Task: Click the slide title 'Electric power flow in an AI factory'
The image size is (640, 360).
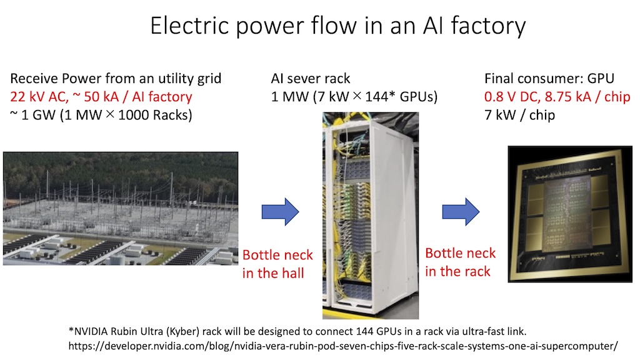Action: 338,26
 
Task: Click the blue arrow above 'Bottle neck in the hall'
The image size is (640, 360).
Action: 281,212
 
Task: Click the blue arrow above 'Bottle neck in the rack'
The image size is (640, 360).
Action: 461,212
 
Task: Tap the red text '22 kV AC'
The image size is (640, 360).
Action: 39,97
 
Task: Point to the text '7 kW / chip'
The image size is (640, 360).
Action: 519,115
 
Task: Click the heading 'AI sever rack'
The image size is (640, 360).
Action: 311,78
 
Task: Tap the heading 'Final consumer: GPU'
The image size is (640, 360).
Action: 549,78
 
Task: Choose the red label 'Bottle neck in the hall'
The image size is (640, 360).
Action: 277,264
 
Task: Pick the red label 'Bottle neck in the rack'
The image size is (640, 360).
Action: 461,262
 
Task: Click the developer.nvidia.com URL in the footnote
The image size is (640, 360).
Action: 343,346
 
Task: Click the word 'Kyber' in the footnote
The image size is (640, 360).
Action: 183,331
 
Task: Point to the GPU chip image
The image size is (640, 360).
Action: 570,214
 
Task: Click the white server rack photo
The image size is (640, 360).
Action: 371,216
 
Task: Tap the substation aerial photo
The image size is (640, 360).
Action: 121,209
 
